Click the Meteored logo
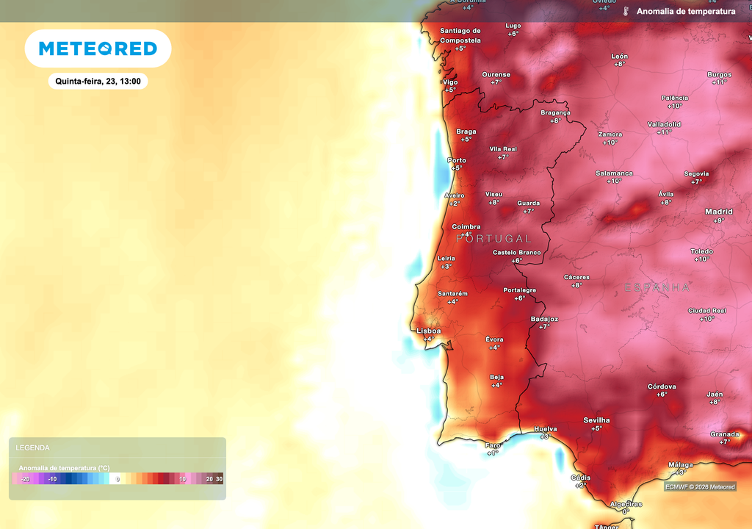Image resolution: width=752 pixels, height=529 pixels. tap(98, 48)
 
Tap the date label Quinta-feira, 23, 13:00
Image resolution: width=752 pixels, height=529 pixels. tap(98, 82)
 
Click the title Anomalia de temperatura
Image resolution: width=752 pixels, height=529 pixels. tap(686, 12)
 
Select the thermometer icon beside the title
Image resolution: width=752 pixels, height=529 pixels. tap(626, 12)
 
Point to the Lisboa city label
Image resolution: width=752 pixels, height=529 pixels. tap(429, 331)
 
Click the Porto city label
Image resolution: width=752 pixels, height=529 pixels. tap(457, 160)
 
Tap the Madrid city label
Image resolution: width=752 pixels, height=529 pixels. tap(718, 212)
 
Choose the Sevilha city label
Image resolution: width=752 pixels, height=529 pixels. tap(596, 420)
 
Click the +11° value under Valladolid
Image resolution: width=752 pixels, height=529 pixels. tap(664, 132)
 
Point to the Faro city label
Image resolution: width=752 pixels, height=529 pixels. tap(493, 445)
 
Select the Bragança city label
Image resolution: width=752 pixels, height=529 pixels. tap(555, 112)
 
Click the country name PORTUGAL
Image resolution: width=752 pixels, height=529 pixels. tap(493, 239)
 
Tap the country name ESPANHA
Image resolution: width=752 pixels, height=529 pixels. tap(657, 287)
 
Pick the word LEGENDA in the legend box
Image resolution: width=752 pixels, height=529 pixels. tap(33, 447)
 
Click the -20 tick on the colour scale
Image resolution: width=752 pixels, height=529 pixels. tap(25, 479)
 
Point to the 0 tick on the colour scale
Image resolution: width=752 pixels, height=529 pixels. tap(117, 479)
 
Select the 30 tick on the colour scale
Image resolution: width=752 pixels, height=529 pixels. tap(219, 479)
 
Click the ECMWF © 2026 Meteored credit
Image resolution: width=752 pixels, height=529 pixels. tap(700, 486)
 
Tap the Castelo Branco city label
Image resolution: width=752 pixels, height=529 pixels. tap(516, 252)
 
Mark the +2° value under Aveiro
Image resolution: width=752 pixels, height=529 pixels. tap(455, 204)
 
